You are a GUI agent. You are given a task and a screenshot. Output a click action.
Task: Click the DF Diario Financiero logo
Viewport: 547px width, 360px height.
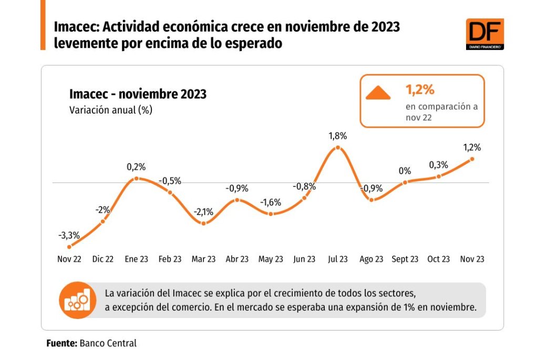pyautogui.click(x=484, y=34)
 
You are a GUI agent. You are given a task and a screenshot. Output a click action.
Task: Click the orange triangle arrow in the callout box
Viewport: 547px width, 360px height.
pyautogui.click(x=378, y=94)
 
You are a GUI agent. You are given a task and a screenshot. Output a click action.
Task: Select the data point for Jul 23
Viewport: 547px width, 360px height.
pyautogui.click(x=337, y=148)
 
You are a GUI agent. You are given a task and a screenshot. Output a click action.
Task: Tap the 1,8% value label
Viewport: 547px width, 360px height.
pyautogui.click(x=337, y=136)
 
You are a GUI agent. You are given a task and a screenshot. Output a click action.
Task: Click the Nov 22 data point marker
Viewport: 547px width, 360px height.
pyautogui.click(x=69, y=246)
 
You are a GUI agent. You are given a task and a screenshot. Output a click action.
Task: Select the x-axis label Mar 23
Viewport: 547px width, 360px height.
pyautogui.click(x=203, y=259)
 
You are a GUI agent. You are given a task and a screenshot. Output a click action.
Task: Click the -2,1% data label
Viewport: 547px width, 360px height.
pyautogui.click(x=203, y=212)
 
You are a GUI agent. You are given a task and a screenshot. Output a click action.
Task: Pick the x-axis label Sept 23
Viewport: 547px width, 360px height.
pyautogui.click(x=405, y=259)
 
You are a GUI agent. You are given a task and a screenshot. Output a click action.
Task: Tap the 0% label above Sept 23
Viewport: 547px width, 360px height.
pyautogui.click(x=405, y=171)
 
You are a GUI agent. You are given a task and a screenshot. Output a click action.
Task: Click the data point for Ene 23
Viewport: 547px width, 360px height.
pyautogui.click(x=136, y=179)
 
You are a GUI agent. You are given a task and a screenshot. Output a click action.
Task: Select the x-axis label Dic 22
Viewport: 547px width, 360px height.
pyautogui.click(x=102, y=259)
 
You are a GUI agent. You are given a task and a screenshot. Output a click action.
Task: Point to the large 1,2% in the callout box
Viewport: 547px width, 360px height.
pyautogui.click(x=420, y=90)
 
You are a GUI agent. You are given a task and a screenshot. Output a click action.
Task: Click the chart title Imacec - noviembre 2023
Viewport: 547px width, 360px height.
pyautogui.click(x=138, y=95)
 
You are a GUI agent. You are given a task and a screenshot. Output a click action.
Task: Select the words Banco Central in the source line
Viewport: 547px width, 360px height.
pyautogui.click(x=108, y=343)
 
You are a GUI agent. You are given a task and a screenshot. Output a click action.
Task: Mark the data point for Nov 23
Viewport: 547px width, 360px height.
pyautogui.click(x=472, y=159)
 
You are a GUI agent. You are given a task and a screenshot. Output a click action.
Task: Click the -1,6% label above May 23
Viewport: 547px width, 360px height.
pyautogui.click(x=271, y=202)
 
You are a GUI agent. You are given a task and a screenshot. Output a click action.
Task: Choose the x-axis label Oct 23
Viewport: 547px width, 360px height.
pyautogui.click(x=439, y=259)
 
